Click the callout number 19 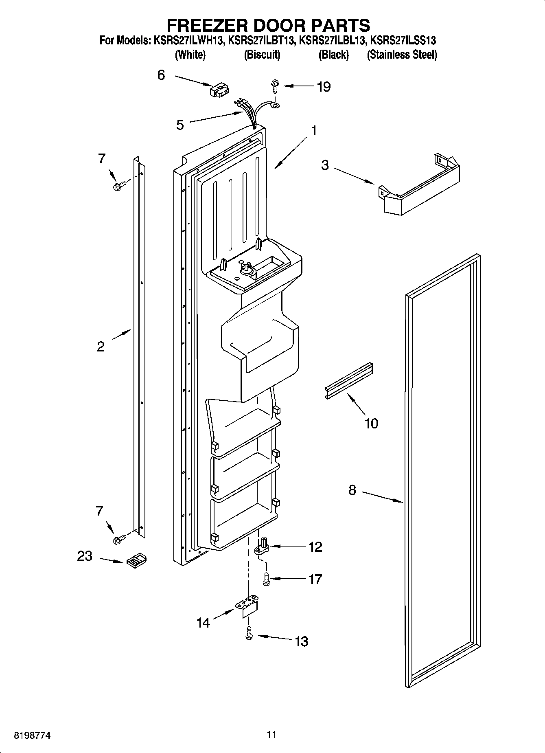tap(324, 87)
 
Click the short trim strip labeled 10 tap(349, 380)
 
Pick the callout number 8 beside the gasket tap(352, 490)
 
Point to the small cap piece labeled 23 tap(136, 560)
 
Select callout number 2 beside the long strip tap(101, 347)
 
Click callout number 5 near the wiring tap(180, 125)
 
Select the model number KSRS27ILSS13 tap(403, 41)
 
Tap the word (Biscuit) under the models tap(262, 55)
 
